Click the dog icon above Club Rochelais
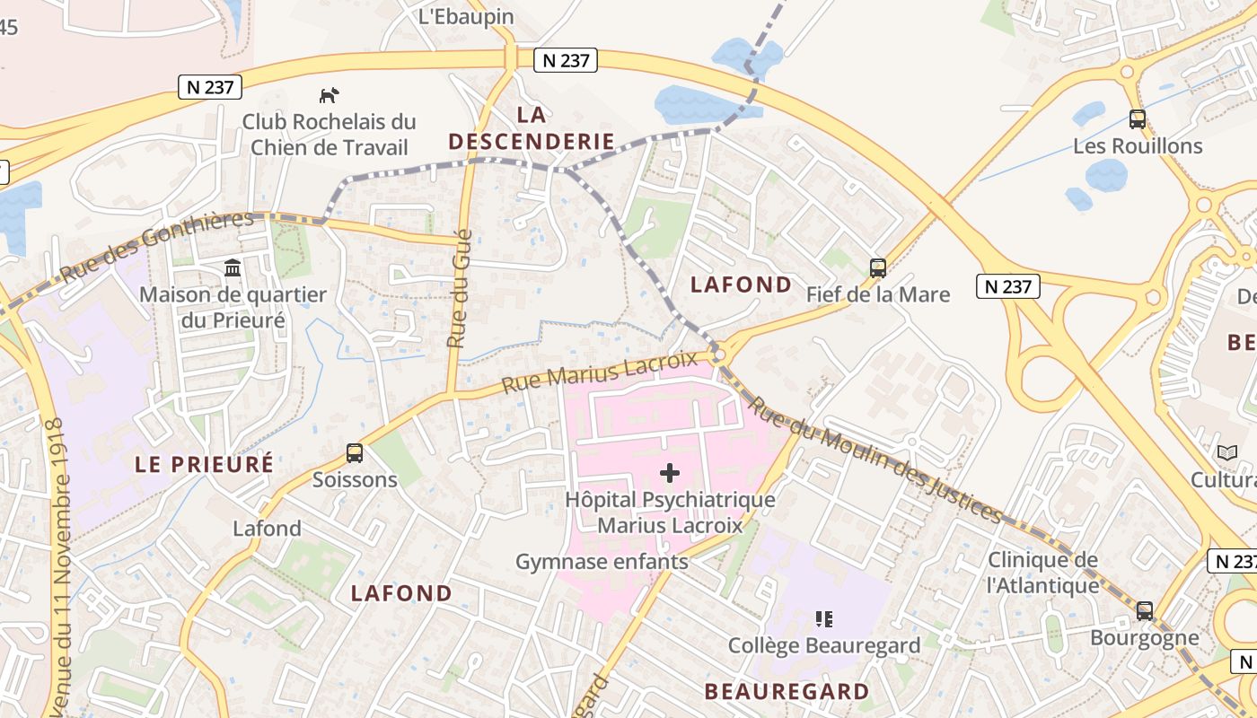(x=330, y=94)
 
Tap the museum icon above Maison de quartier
(x=233, y=267)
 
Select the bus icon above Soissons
(x=355, y=453)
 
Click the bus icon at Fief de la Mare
(x=878, y=267)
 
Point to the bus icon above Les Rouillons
(x=1138, y=118)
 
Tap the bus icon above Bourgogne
(x=1145, y=611)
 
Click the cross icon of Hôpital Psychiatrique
(x=670, y=473)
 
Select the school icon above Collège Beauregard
(x=824, y=618)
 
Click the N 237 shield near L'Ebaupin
(x=566, y=60)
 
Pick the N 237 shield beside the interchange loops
(x=1008, y=286)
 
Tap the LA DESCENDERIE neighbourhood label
(x=532, y=127)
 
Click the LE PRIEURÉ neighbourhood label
(x=204, y=464)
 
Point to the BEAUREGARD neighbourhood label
(x=787, y=691)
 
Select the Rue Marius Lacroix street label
(x=599, y=372)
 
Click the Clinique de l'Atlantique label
(x=1042, y=573)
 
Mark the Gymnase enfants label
(x=602, y=562)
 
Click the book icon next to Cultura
(x=1226, y=452)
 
